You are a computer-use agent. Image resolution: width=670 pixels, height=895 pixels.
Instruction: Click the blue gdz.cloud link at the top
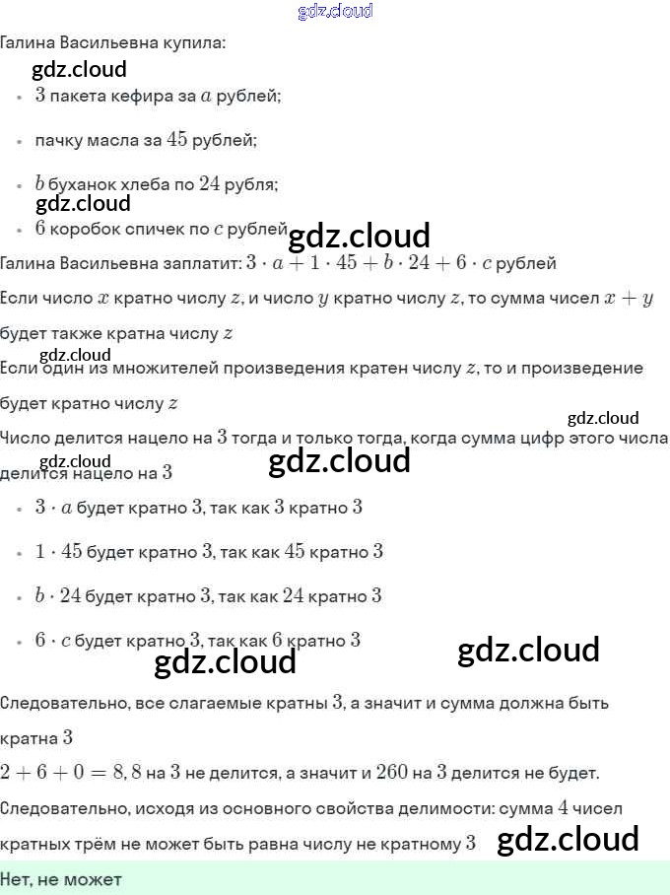click(335, 11)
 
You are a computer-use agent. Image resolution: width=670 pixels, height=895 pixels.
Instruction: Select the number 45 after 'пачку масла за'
click(176, 140)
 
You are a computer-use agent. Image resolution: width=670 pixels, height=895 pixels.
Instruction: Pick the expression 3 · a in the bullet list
click(53, 508)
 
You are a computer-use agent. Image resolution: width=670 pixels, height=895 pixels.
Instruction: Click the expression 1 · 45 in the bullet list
click(58, 552)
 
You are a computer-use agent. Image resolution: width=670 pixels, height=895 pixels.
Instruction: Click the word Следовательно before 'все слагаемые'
click(63, 704)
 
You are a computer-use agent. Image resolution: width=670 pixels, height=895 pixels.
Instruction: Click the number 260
click(392, 773)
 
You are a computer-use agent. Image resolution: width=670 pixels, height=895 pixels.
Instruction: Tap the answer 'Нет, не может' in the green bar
click(61, 878)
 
